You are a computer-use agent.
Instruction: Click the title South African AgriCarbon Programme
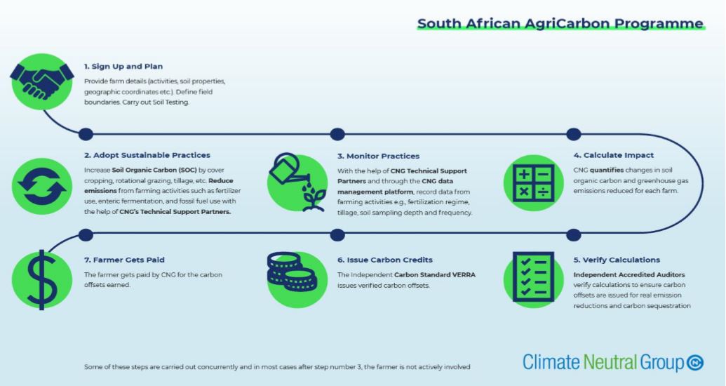click(560, 24)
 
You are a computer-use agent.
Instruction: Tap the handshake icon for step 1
click(42, 76)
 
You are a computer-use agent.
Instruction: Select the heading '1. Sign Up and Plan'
click(123, 67)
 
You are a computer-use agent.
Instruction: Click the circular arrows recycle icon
click(42, 185)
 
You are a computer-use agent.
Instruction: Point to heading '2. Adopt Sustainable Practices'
click(147, 155)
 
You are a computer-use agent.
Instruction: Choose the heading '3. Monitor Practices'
click(378, 156)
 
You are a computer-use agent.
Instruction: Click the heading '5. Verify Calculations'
click(617, 260)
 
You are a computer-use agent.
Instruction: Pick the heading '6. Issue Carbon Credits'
click(384, 260)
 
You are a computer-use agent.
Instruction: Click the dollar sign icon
click(41, 276)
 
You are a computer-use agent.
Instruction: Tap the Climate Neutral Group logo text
click(603, 363)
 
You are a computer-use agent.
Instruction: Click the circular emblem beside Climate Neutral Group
click(696, 363)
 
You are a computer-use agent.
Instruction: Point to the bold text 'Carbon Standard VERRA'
click(435, 274)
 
